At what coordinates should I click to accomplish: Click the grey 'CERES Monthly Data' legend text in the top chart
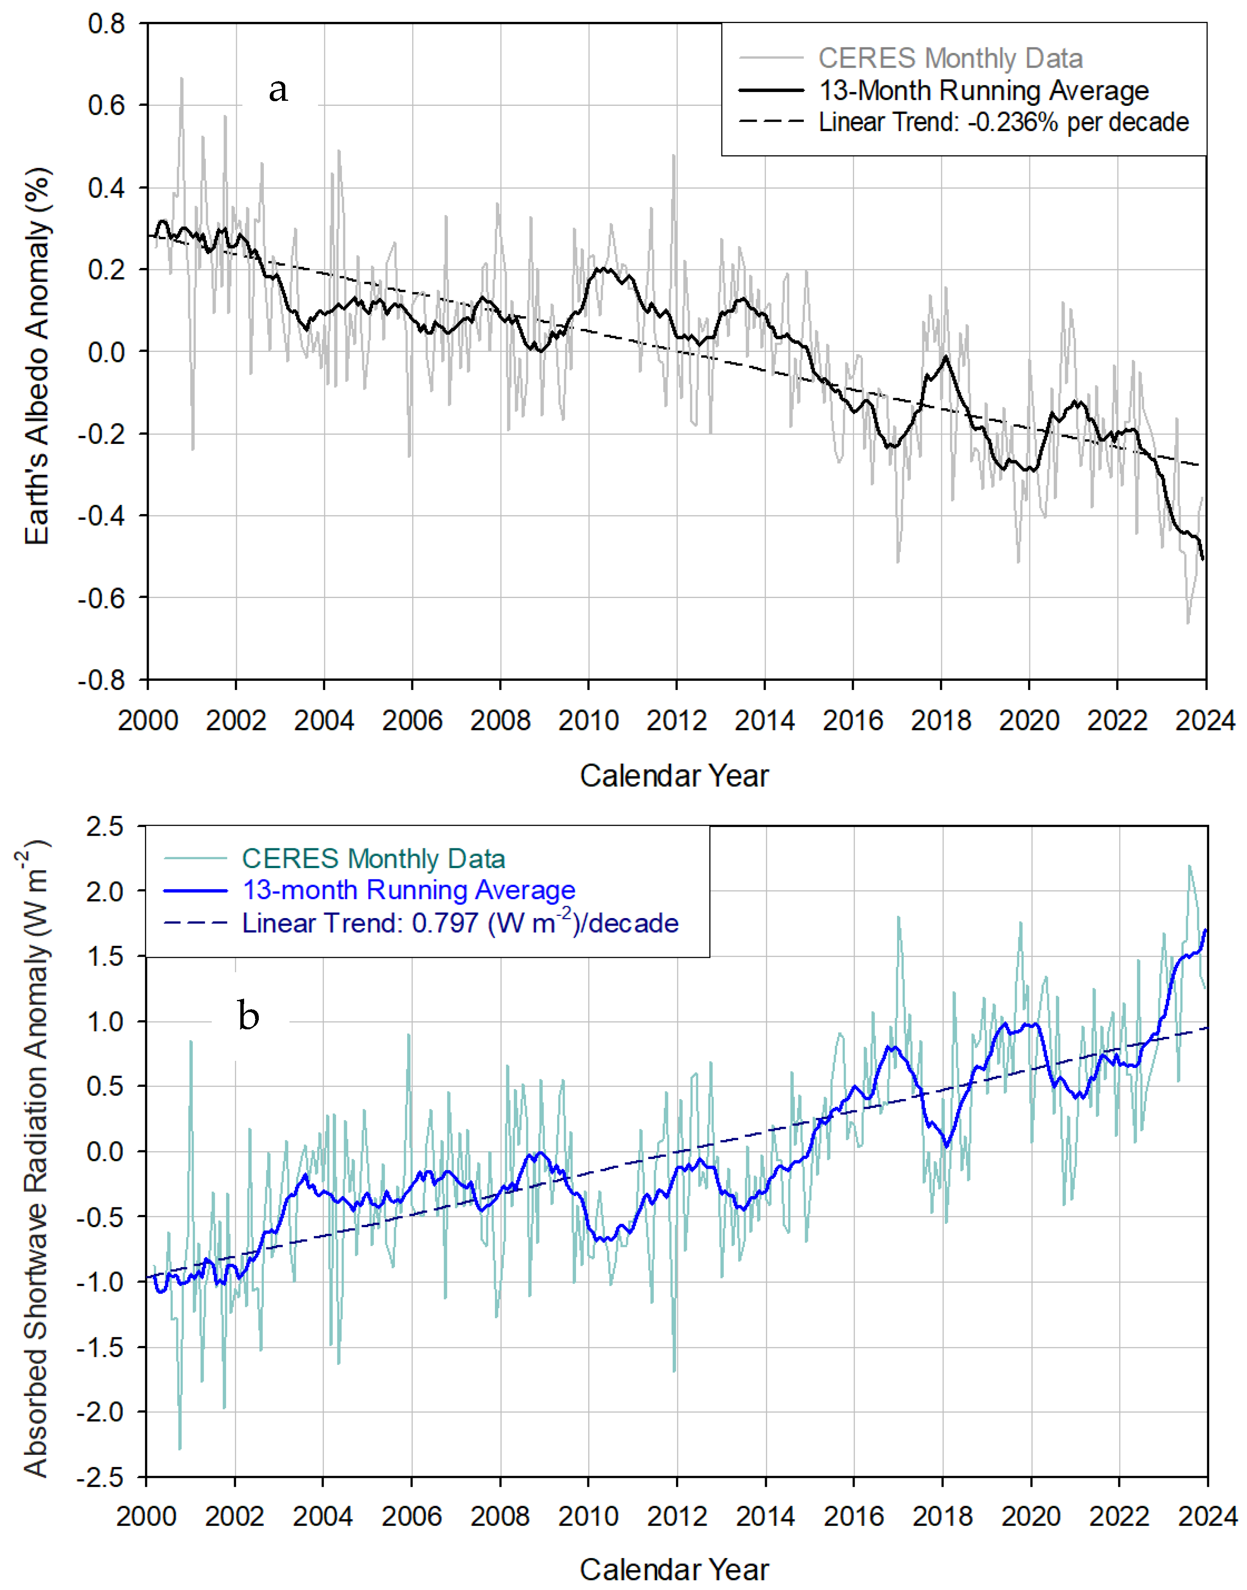tap(950, 58)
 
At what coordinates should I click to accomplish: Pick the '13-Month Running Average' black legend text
tap(984, 90)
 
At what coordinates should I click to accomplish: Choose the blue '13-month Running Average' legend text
tap(409, 890)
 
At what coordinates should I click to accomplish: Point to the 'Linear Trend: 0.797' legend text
tap(460, 923)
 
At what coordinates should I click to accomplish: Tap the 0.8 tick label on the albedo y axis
tap(107, 24)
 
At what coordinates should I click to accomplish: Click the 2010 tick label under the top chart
tap(589, 721)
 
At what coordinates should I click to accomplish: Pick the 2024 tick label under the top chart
tap(1205, 721)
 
